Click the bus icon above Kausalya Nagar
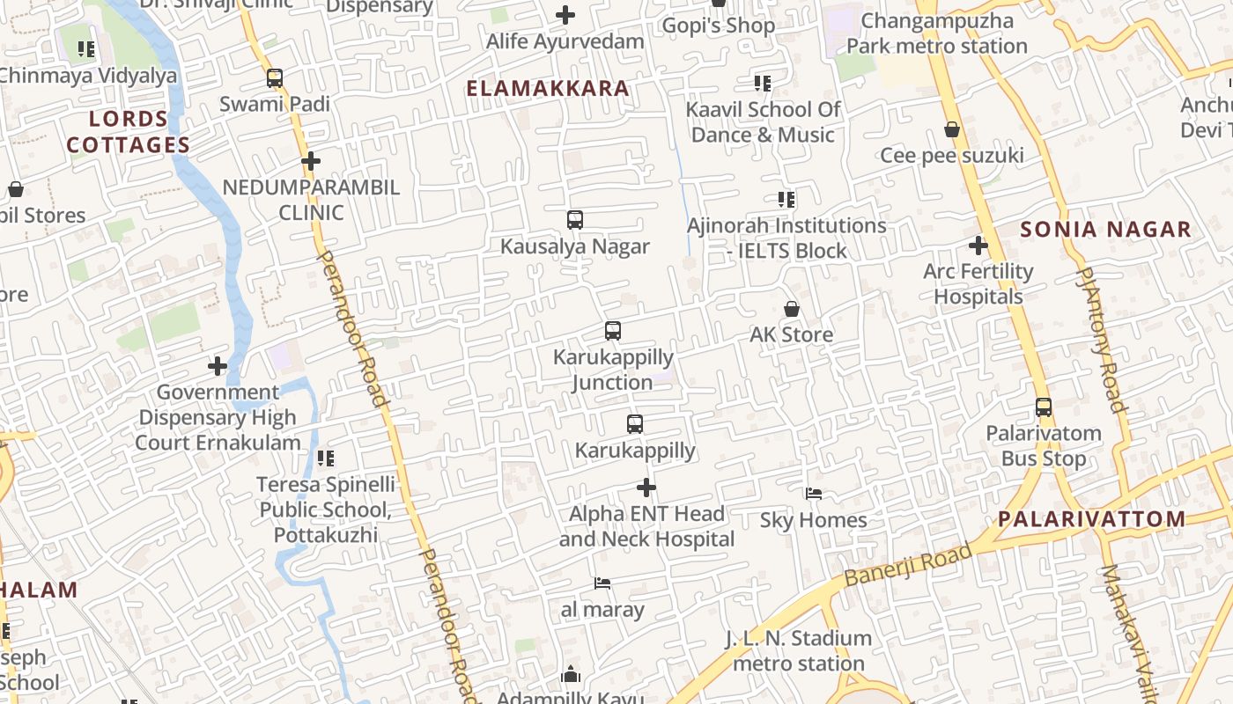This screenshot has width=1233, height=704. click(575, 220)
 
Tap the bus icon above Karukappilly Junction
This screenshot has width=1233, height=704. click(613, 331)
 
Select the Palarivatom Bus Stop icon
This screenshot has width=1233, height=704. click(1044, 407)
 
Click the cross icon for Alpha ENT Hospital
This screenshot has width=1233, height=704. click(646, 487)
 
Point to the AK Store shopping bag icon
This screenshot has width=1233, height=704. click(792, 309)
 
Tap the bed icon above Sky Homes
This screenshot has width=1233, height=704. click(814, 494)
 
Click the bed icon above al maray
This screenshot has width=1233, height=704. click(602, 583)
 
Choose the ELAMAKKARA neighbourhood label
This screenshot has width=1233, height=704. click(548, 88)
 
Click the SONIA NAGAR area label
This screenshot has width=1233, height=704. click(1105, 230)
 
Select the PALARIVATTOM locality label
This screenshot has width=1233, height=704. click(1092, 518)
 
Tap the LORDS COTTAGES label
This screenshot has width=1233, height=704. click(129, 132)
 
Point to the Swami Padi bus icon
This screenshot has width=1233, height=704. click(275, 78)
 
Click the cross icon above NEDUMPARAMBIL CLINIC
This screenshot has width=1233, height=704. click(310, 162)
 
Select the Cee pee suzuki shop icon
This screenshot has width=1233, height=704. click(952, 130)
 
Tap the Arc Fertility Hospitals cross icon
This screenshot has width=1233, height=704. click(978, 246)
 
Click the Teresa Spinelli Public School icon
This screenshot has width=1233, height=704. click(326, 458)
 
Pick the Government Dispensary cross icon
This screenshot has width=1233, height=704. click(218, 366)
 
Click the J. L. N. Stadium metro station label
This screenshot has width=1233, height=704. click(799, 650)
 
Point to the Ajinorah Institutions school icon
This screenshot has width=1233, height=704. click(786, 200)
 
